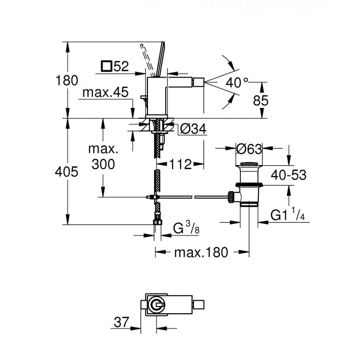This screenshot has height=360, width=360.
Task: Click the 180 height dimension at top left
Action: point(67,80)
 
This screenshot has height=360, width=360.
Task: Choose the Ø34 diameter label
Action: point(193,129)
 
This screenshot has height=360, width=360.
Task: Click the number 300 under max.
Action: point(103,164)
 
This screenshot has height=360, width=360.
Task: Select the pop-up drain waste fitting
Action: point(249,184)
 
